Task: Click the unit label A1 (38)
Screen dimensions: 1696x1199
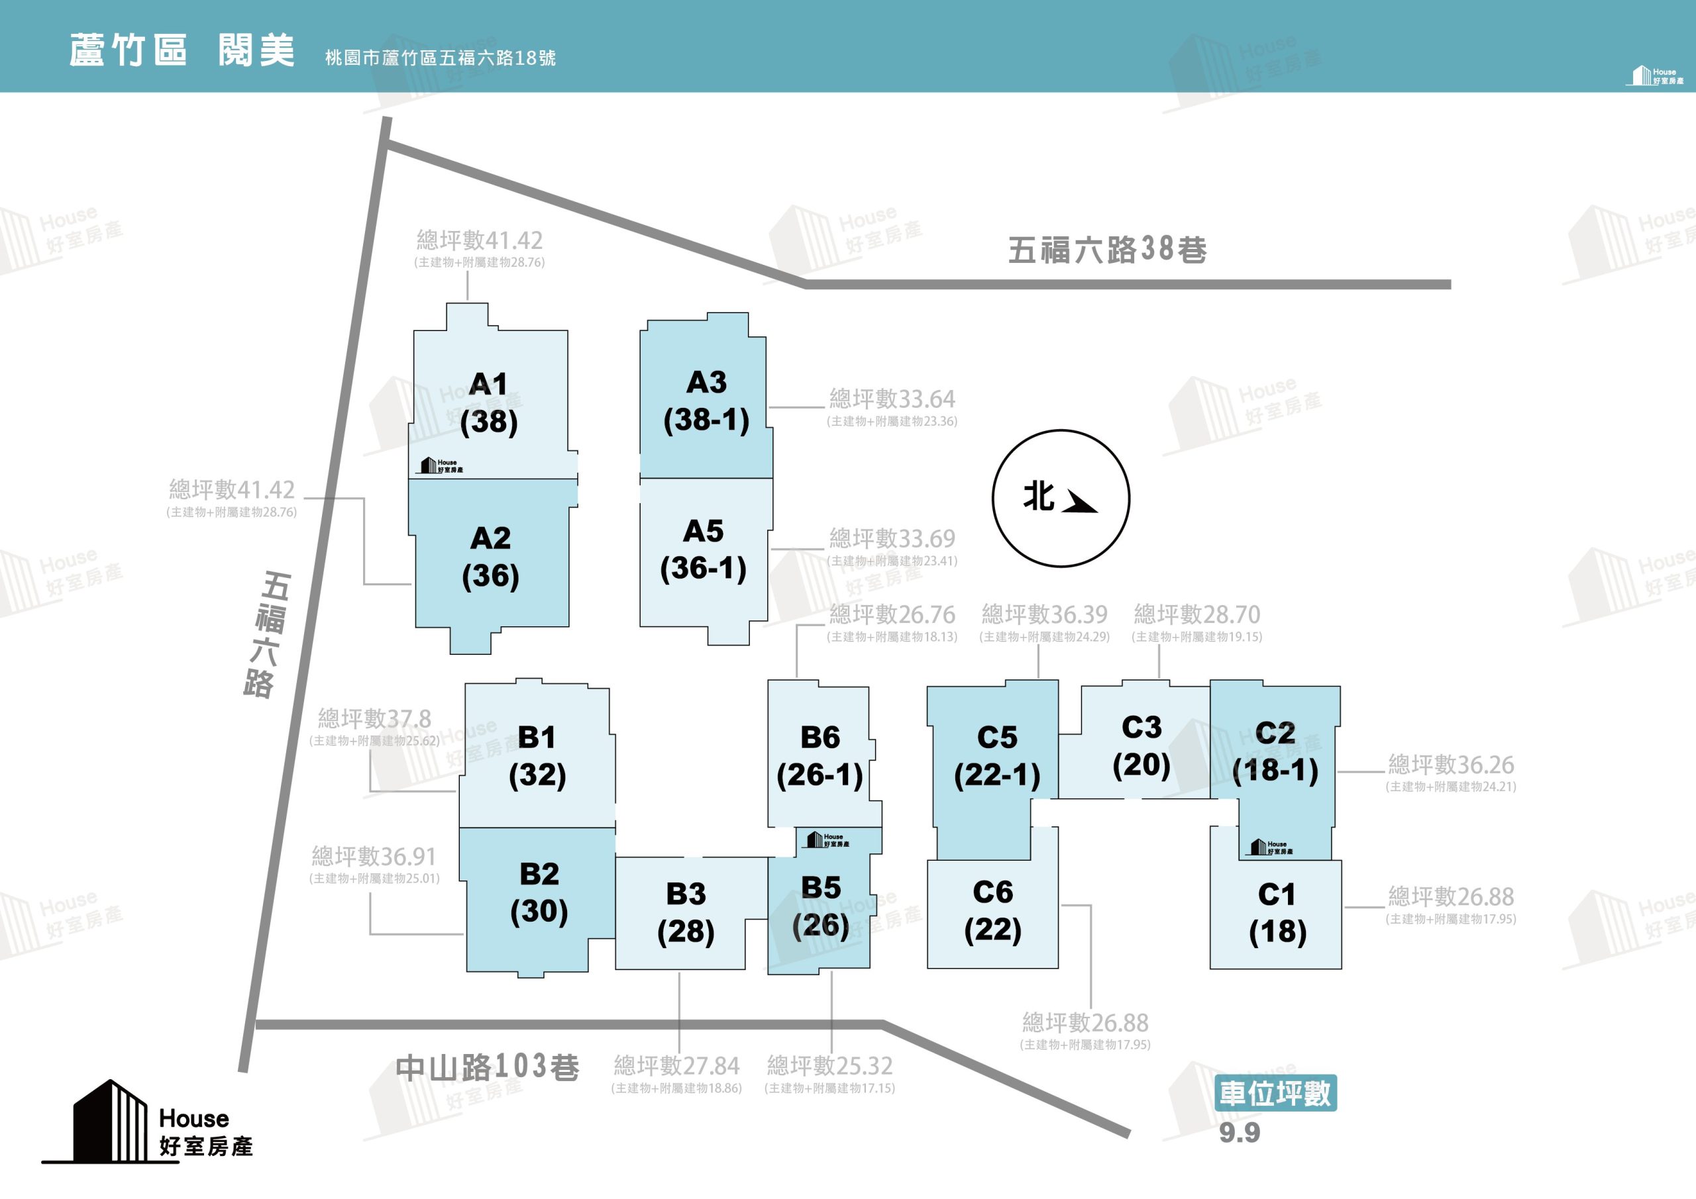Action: tap(489, 403)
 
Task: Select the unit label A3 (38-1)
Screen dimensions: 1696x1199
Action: tap(706, 402)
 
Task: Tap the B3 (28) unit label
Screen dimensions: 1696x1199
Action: tap(686, 913)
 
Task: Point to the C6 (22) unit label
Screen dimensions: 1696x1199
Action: tap(993, 911)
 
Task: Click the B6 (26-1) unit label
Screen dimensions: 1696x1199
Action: tap(820, 756)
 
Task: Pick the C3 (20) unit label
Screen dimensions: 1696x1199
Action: tap(1141, 746)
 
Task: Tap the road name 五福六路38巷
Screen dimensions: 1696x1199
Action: tap(1107, 250)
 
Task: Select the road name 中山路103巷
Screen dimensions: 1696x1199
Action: tap(488, 1067)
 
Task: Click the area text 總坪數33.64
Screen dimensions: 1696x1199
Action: tap(892, 399)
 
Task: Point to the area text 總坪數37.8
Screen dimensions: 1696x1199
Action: tap(374, 718)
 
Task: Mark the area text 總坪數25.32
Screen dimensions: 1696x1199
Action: tap(829, 1065)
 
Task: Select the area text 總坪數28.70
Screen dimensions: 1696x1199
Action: tap(1196, 614)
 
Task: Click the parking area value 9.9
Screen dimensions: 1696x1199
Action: tap(1240, 1133)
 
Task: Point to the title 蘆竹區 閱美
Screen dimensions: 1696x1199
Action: tap(182, 50)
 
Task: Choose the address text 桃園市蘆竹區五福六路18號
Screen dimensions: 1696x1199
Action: tap(441, 58)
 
